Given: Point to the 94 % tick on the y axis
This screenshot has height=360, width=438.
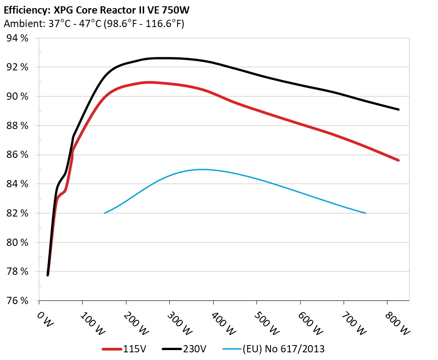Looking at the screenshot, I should click(x=18, y=38).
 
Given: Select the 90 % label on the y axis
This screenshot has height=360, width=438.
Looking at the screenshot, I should click(x=18, y=97).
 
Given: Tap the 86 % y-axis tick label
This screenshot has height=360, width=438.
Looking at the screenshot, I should click(x=18, y=155).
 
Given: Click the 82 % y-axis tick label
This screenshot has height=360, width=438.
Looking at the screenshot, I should click(x=18, y=213).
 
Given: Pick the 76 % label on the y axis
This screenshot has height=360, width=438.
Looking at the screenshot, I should click(x=18, y=300).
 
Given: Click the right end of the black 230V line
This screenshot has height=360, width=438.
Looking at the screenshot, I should click(x=399, y=109).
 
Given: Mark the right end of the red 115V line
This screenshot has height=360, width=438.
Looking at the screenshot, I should click(x=399, y=160).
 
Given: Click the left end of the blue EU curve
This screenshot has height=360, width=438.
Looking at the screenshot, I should click(x=105, y=213).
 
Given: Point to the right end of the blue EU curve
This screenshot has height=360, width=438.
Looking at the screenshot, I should click(x=365, y=213).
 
